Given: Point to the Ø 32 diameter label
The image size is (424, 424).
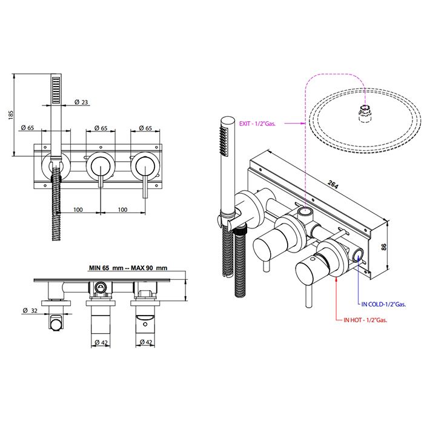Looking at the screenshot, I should (29, 311).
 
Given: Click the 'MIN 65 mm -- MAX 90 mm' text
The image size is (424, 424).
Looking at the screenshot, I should (127, 268).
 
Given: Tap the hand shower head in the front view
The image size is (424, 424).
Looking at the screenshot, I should (56, 91).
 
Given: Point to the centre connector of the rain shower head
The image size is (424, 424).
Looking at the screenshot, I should (365, 113).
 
